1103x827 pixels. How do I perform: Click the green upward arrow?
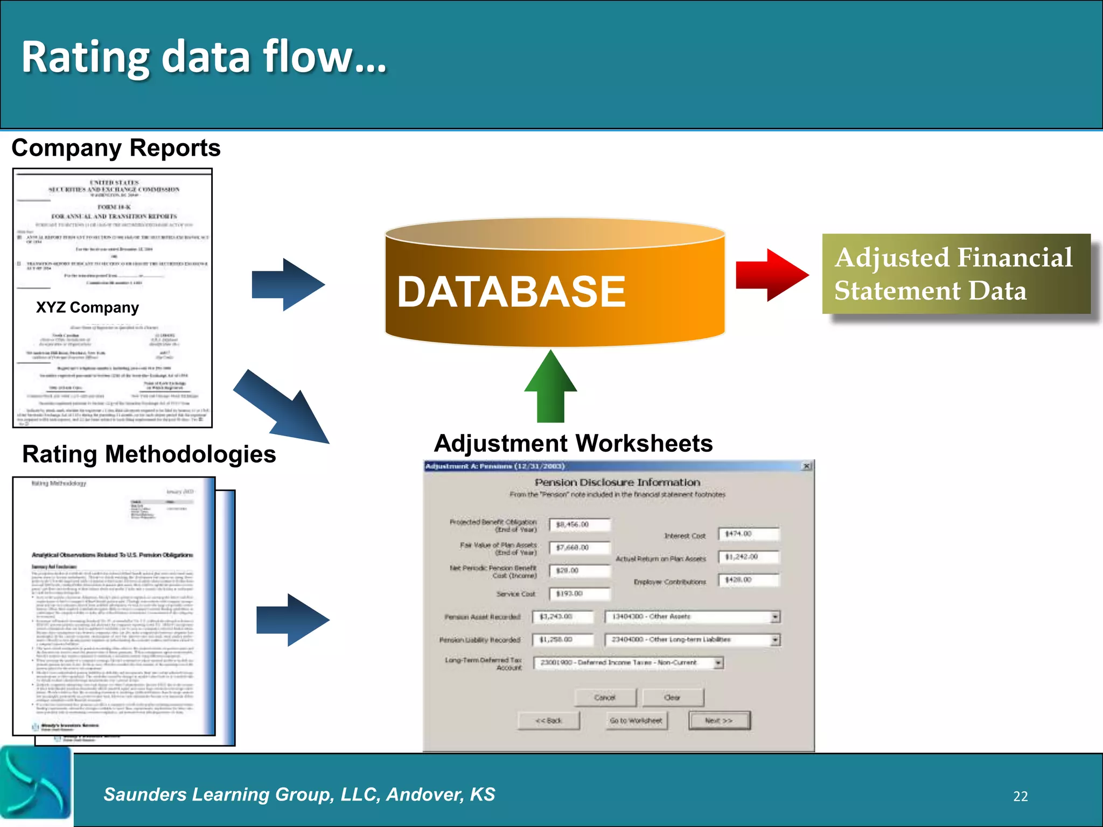[550, 387]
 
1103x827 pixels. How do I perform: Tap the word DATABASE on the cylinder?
[511, 292]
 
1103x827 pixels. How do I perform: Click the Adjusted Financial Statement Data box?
[955, 274]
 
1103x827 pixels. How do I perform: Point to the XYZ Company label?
[87, 307]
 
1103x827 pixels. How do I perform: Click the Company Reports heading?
[116, 148]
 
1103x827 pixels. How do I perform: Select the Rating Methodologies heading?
[149, 454]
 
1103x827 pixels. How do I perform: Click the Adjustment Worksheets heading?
[573, 444]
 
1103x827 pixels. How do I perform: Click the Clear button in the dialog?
[673, 697]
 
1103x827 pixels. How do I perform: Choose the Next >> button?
[719, 720]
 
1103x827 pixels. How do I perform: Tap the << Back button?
[548, 720]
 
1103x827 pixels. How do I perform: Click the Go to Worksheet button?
[636, 720]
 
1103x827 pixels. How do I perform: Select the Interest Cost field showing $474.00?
[749, 534]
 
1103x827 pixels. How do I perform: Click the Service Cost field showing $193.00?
[580, 593]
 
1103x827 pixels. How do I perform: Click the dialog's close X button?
[806, 466]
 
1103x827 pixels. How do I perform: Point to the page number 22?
[1020, 796]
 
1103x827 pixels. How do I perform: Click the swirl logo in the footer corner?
[36, 783]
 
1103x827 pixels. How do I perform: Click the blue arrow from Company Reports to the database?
[288, 285]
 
